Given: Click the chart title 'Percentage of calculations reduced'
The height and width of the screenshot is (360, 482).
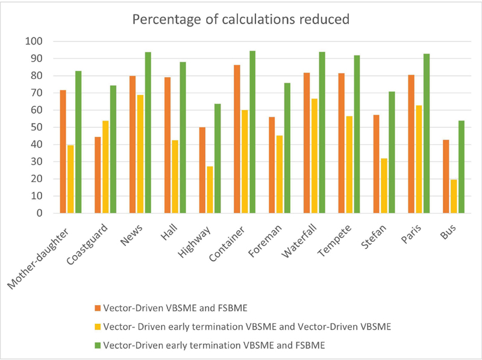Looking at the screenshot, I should click(240, 19).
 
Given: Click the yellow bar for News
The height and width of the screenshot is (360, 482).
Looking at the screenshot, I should click(140, 154).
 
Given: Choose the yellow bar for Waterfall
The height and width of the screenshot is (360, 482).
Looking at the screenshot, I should click(314, 156).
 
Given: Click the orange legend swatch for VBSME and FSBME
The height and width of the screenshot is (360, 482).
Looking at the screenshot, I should click(97, 308).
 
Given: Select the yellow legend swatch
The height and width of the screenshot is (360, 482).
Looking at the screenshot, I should click(97, 327).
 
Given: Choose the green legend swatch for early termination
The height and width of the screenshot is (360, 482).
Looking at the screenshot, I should click(97, 346).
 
